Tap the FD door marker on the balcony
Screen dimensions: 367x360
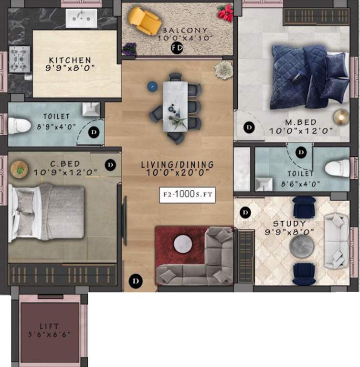click(177, 48)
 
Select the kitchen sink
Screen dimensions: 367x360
click(81, 18)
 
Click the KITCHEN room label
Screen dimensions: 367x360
click(70, 60)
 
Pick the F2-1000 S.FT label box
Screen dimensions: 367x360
click(186, 194)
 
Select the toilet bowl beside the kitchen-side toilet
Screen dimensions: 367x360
click(19, 126)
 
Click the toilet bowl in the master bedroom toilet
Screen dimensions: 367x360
click(337, 169)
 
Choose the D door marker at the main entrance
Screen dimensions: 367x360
click(136, 280)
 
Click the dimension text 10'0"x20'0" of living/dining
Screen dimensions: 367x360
click(177, 175)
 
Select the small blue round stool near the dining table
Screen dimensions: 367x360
click(152, 86)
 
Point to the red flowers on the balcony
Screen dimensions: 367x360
click(225, 13)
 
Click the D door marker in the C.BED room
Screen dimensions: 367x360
click(110, 165)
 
